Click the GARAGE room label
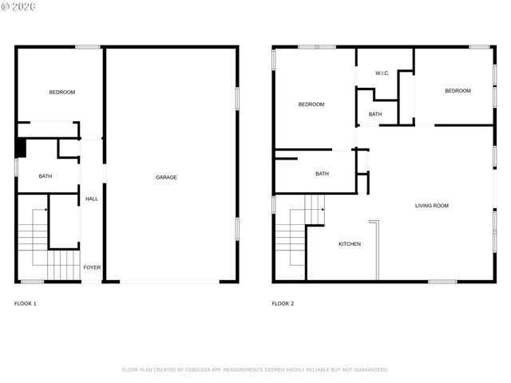click(x=166, y=177)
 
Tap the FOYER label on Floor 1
click(x=92, y=267)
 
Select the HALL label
click(x=92, y=199)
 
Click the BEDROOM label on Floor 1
click(x=61, y=93)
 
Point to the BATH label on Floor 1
click(x=46, y=176)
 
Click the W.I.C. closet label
click(x=382, y=74)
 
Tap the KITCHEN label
click(x=350, y=243)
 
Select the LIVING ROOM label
click(x=431, y=206)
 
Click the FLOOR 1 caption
click(x=26, y=304)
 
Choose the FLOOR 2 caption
click(x=283, y=304)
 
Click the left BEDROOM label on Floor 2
click(x=311, y=105)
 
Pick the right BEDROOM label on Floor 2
click(x=458, y=91)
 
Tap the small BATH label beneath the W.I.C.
click(x=375, y=114)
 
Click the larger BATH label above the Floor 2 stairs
click(x=322, y=173)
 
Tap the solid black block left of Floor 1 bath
click(x=22, y=148)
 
